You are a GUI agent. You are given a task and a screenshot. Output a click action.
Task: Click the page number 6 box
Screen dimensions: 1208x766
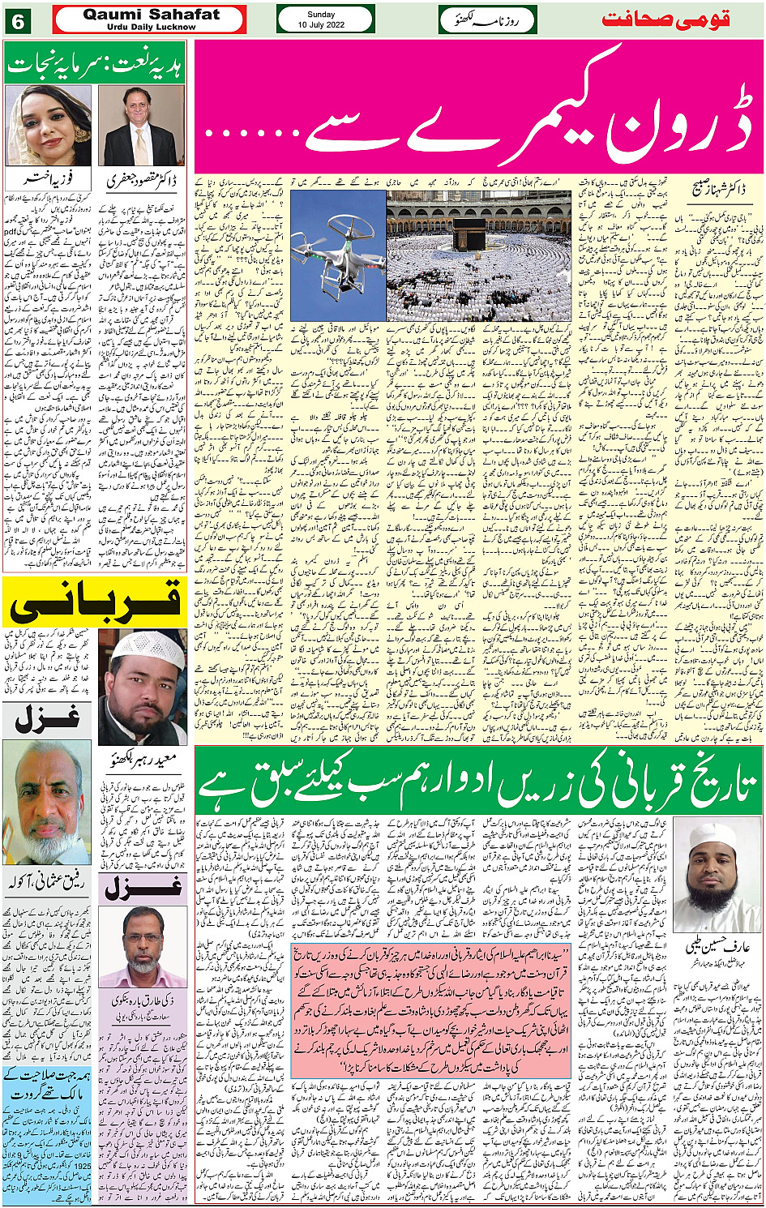tap(18, 19)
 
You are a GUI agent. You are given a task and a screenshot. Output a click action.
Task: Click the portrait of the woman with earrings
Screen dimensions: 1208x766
tap(47, 126)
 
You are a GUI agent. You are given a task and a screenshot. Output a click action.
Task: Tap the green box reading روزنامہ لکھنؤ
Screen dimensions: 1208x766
tap(488, 19)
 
